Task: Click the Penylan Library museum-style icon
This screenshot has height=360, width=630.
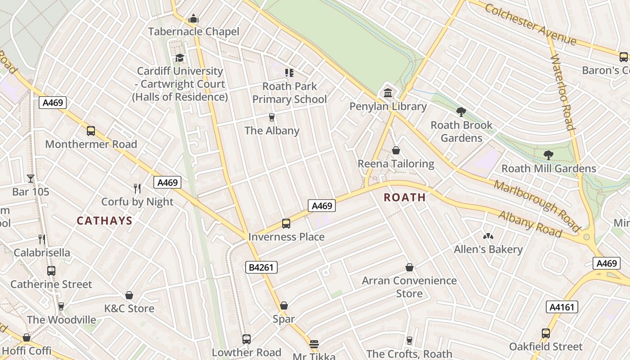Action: [x=387, y=93]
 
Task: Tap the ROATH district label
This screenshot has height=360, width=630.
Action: [x=405, y=197]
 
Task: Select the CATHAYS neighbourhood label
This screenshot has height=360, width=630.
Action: [x=104, y=220]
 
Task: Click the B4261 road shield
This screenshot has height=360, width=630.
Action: [x=261, y=267]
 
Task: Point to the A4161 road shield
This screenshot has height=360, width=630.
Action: [x=562, y=307]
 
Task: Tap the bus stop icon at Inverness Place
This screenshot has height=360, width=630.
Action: [x=286, y=224]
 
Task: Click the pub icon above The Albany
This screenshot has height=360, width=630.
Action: [x=271, y=117]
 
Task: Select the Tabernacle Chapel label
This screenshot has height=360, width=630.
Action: [x=193, y=31]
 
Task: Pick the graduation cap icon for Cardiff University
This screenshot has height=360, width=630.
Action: [x=180, y=58]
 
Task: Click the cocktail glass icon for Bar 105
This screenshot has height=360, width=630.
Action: [x=31, y=179]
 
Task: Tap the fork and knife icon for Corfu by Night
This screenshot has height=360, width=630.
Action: [x=137, y=188]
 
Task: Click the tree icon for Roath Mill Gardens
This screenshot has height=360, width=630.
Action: [x=548, y=155]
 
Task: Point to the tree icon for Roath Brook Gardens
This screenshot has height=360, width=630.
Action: [x=461, y=112]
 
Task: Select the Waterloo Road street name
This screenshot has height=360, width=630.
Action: [x=562, y=92]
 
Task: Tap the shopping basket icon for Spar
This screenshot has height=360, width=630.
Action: [x=283, y=306]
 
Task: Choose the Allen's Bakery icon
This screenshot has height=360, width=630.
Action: [x=488, y=236]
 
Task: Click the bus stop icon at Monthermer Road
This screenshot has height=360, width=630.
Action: [x=91, y=131]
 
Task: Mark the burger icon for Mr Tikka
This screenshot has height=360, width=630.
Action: [x=314, y=344]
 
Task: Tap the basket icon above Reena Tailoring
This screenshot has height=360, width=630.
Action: [x=396, y=150]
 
